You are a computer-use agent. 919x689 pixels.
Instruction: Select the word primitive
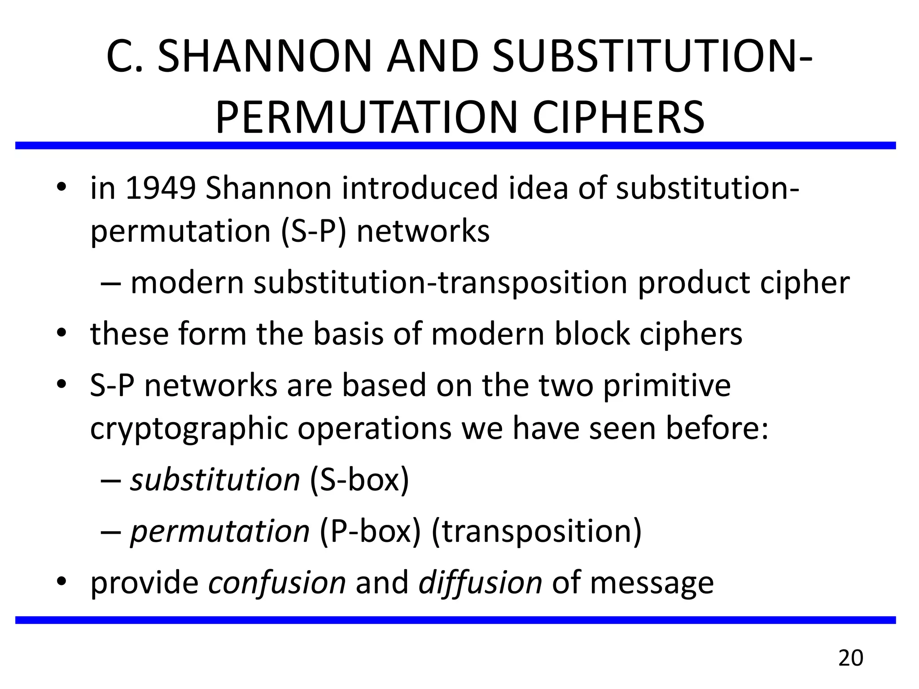click(x=667, y=386)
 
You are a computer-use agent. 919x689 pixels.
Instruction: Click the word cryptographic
click(x=189, y=429)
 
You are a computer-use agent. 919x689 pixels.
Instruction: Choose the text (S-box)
click(x=359, y=480)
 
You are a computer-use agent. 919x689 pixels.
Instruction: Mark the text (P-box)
click(x=370, y=531)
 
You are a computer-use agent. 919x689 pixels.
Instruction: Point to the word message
click(x=652, y=583)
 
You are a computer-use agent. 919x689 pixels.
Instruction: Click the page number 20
click(x=850, y=658)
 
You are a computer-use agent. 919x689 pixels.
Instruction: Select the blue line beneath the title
click(x=455, y=145)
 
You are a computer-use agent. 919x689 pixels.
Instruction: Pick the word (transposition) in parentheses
click(x=536, y=531)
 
